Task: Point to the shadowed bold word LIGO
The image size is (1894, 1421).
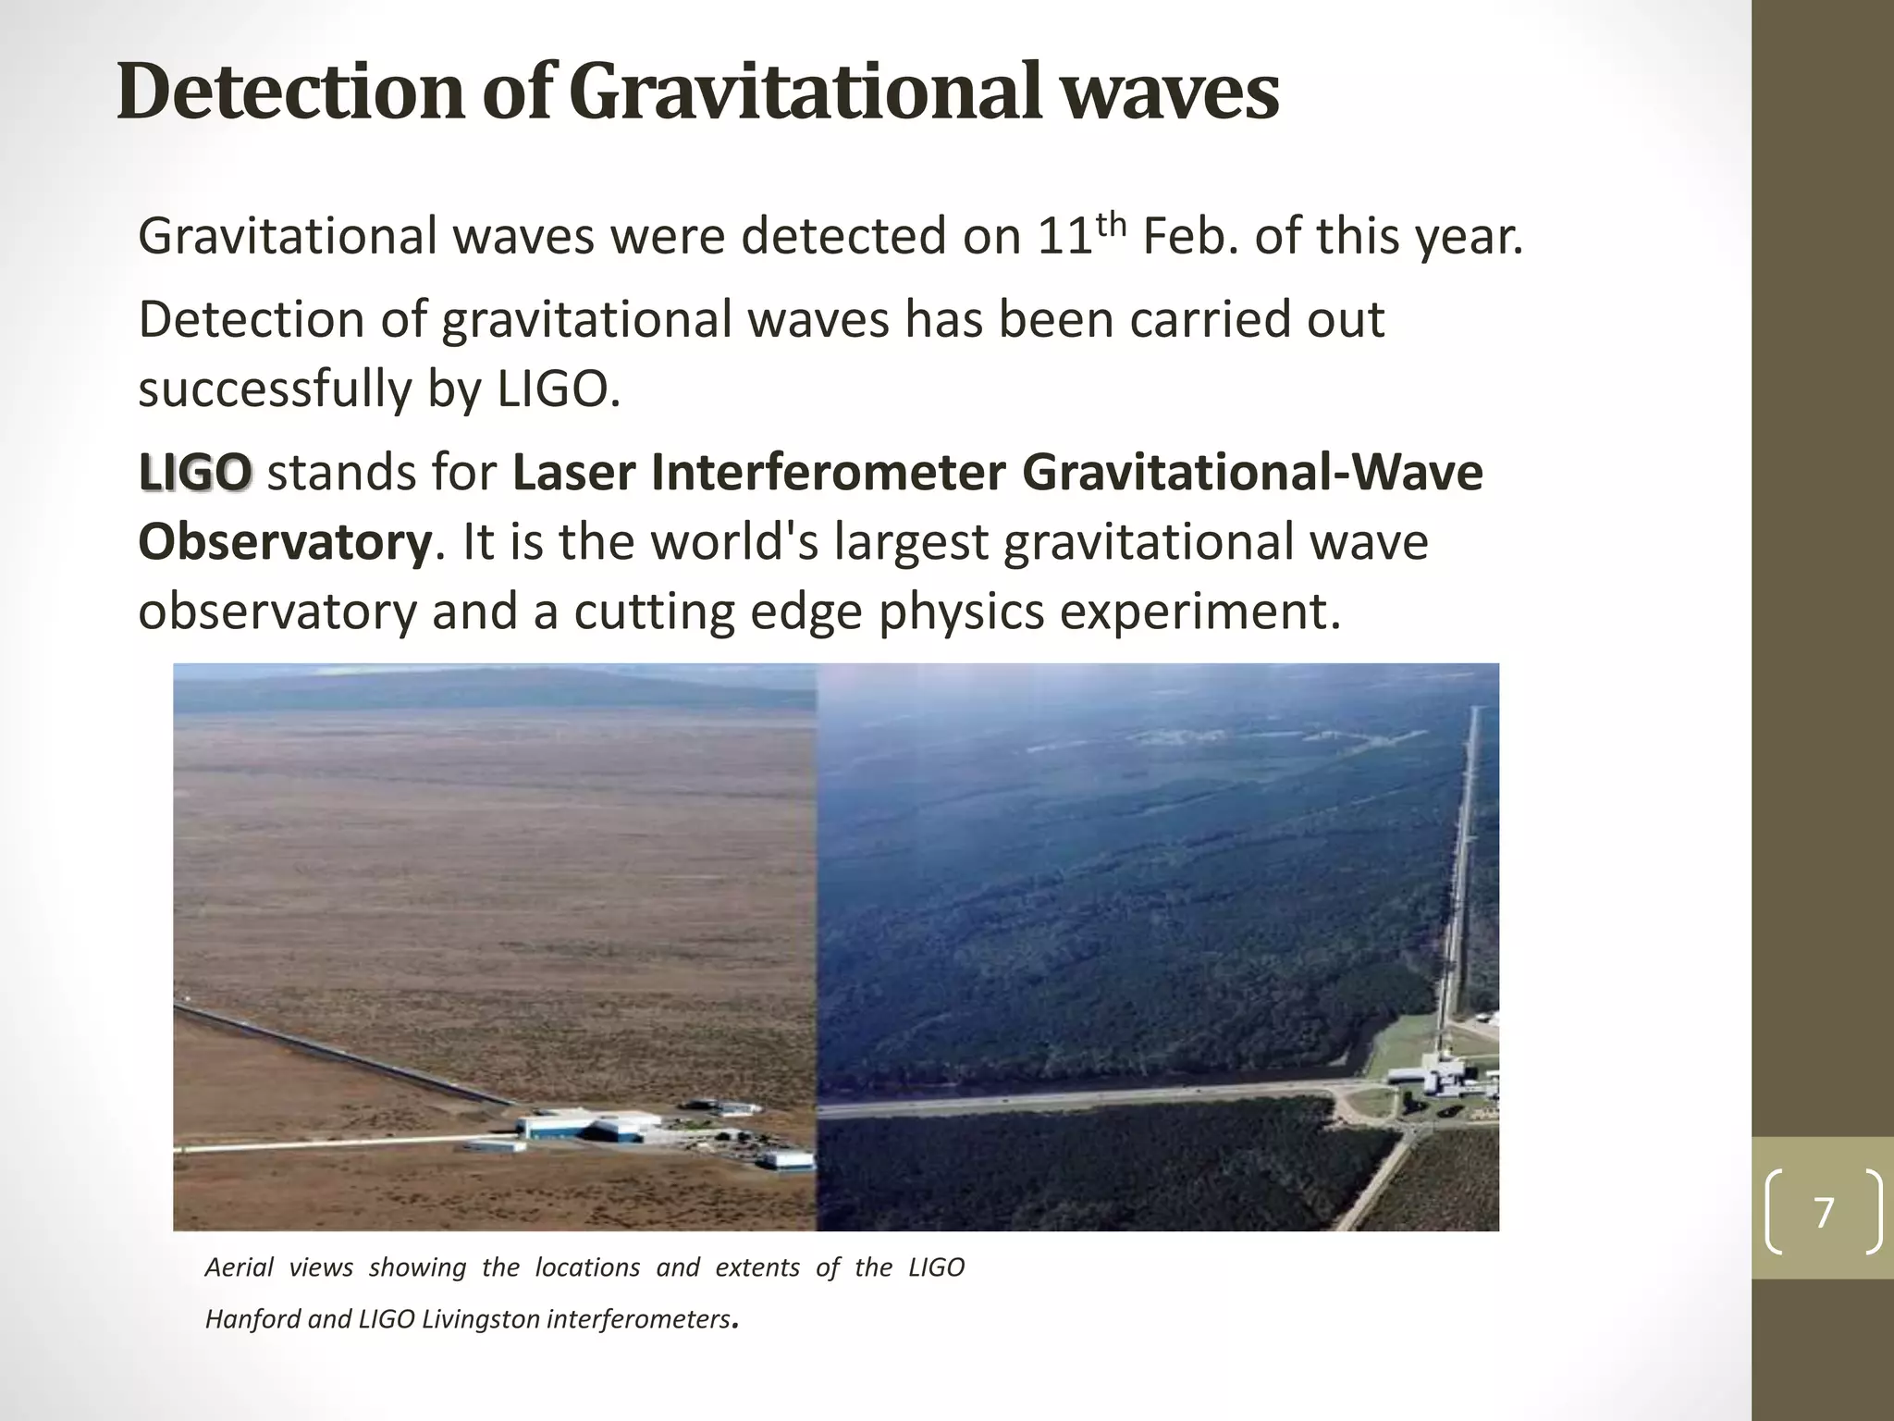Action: point(195,473)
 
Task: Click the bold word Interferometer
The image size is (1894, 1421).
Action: point(828,473)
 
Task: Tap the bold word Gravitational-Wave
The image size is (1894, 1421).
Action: point(1252,473)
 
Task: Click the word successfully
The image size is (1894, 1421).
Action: point(275,389)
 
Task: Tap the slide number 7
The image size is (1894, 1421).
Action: point(1824,1213)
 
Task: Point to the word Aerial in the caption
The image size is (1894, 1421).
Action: point(239,1267)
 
